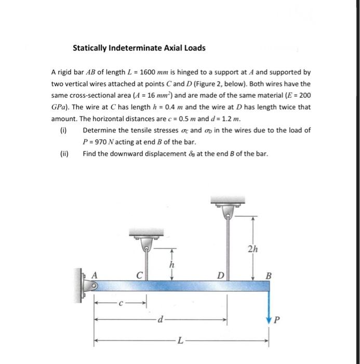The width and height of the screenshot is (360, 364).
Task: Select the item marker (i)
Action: click(x=64, y=131)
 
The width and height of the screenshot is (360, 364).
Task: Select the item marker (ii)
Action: click(x=65, y=153)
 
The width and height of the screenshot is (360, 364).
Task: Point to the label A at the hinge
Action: click(x=95, y=276)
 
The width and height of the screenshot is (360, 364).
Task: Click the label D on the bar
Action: click(x=220, y=276)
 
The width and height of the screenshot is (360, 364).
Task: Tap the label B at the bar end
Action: click(x=268, y=276)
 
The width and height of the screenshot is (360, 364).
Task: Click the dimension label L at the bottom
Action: click(x=180, y=341)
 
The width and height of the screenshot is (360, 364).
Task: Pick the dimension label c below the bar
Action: click(x=121, y=302)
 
